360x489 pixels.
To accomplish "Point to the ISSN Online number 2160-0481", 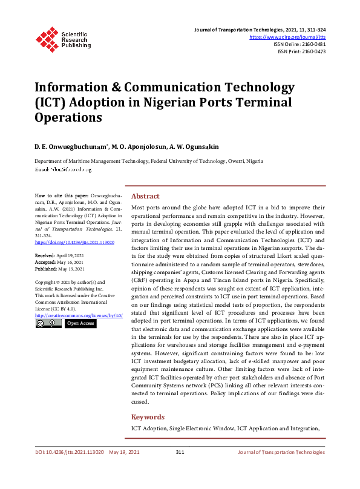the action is tap(312, 44).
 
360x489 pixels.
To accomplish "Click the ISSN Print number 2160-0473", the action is tap(312, 51).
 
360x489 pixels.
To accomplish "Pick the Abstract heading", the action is tap(145, 196).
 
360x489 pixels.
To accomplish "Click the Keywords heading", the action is tap(148, 417).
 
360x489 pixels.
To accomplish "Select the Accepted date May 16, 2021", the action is tap(70, 263).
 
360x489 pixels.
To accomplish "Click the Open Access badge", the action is tap(80, 324).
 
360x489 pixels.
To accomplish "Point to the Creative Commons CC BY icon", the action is tap(48, 324).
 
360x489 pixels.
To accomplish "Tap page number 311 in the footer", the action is tap(180, 452).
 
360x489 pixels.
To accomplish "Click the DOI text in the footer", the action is tap(69, 452).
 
